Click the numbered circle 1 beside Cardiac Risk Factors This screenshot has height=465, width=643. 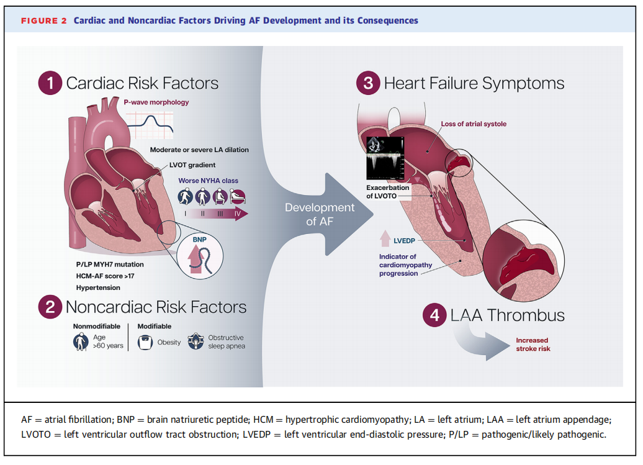[50, 83]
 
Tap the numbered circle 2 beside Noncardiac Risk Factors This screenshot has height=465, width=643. [50, 307]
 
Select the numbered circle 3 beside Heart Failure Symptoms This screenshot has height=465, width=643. [368, 83]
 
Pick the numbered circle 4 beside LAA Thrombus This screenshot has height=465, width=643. [434, 315]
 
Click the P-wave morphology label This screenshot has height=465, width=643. [156, 102]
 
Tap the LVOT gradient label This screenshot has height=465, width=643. [192, 165]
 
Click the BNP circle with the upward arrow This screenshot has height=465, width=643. [200, 256]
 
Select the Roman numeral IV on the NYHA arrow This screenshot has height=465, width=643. [238, 214]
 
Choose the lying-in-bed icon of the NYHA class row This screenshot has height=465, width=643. [238, 196]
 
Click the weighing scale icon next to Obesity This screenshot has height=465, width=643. [145, 343]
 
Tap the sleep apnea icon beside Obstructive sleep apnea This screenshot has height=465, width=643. [196, 341]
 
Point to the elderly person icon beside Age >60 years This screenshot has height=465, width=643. [81, 341]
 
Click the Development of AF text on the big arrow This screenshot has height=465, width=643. [320, 214]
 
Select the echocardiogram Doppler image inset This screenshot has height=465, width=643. [385, 158]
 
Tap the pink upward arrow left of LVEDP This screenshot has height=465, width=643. [385, 238]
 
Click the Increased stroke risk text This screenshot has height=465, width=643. [533, 345]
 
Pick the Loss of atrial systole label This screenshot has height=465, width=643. [474, 124]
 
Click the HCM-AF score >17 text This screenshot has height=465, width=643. [106, 276]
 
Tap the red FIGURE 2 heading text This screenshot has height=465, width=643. [44, 21]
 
